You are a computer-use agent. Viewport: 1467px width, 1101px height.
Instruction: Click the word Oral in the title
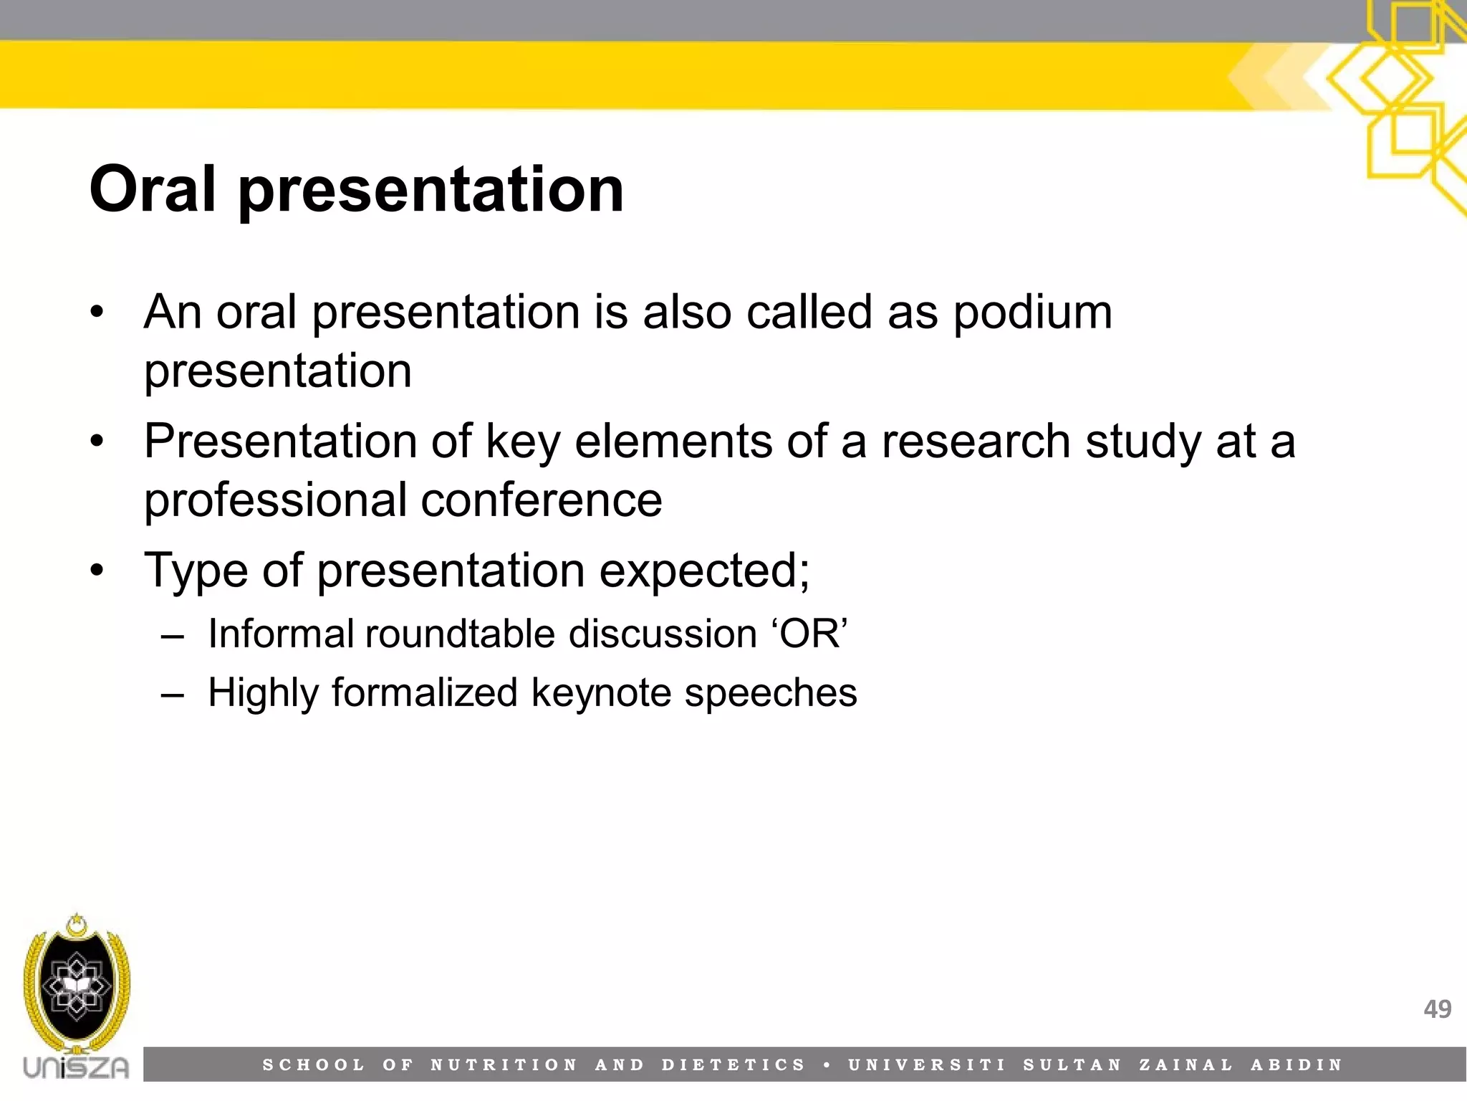coord(153,189)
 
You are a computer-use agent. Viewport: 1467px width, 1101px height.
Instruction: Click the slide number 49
coord(1437,1009)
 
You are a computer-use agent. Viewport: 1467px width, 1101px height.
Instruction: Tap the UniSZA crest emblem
coord(77,985)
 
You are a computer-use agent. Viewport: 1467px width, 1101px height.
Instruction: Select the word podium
coord(1032,313)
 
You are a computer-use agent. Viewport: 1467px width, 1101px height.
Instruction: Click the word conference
coord(542,500)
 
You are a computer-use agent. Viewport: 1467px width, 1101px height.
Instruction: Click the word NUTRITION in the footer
coord(504,1065)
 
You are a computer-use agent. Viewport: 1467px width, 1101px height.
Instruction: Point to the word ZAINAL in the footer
coord(1186,1065)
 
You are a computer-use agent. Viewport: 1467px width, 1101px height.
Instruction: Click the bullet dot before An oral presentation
coord(97,313)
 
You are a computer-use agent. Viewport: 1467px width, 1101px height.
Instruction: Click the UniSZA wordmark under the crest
coord(77,1067)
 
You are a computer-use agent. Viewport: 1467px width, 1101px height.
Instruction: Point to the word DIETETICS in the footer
coord(734,1065)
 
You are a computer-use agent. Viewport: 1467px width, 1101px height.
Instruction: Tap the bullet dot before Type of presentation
coord(97,571)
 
